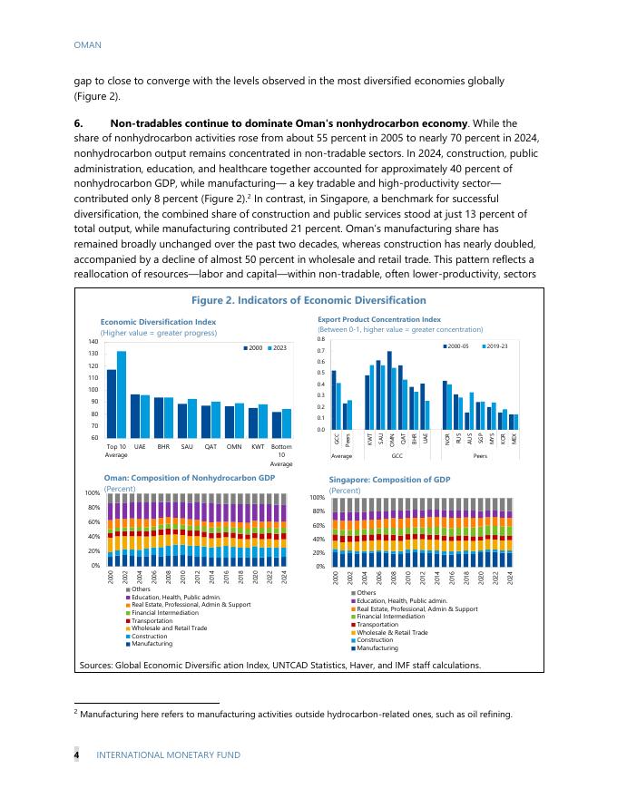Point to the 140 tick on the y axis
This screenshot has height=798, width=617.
(93, 342)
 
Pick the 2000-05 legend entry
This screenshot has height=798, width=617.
(460, 345)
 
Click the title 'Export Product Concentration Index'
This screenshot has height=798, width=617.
(378, 319)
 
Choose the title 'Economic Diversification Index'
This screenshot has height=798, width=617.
(158, 322)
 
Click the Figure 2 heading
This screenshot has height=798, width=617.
(308, 300)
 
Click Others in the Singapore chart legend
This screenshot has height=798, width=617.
(366, 592)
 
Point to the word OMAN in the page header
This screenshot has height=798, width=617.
(87, 44)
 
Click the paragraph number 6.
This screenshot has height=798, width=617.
(78, 123)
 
